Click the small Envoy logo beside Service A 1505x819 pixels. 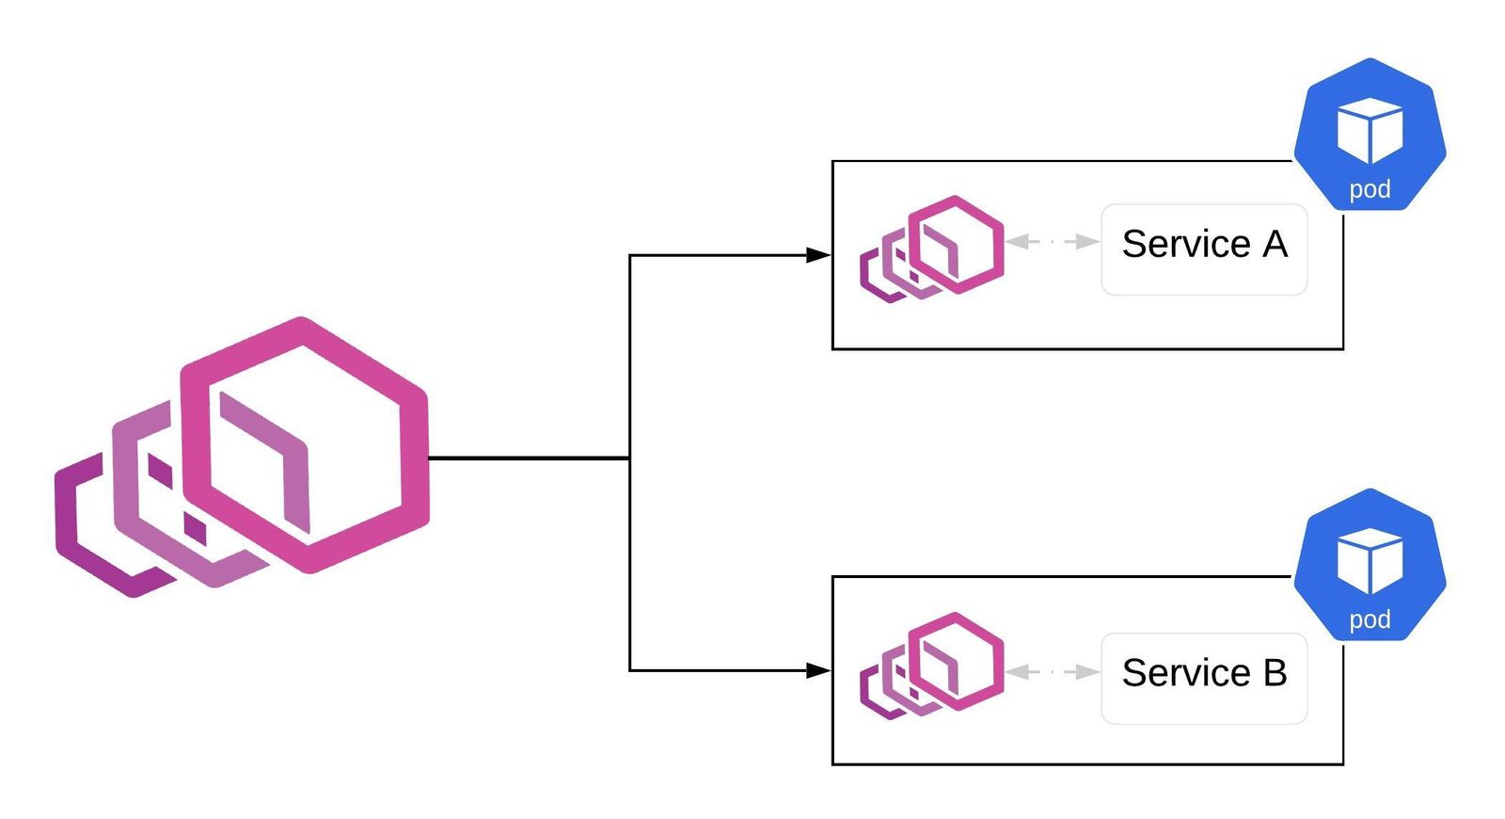932,249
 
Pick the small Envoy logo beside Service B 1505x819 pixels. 932,665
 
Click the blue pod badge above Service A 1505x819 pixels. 1370,135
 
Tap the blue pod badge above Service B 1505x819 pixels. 1370,565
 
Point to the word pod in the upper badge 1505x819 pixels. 1370,189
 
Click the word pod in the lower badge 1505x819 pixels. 1370,619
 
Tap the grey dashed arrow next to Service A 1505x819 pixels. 1053,242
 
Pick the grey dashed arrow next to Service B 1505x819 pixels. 1053,672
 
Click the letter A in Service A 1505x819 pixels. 1275,245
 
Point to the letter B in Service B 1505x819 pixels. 1275,673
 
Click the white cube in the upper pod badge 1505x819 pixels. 1370,129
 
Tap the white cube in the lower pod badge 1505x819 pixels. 1370,559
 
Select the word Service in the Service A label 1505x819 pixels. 1185,245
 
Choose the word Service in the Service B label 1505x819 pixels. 1185,673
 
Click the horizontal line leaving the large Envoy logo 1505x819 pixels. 527,458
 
